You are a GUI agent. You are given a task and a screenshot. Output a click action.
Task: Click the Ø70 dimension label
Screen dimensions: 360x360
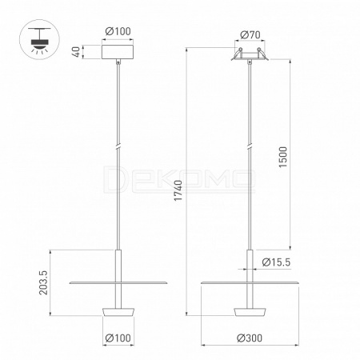(250, 34)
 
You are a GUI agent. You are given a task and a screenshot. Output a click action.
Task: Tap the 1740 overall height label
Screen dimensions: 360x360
(178, 190)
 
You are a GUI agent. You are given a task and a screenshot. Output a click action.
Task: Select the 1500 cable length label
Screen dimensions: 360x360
(282, 157)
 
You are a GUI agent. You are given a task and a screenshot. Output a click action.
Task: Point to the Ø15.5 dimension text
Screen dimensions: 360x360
(276, 262)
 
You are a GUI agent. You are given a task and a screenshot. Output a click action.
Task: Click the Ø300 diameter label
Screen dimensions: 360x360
(250, 338)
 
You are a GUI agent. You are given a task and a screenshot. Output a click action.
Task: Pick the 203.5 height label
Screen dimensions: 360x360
(43, 282)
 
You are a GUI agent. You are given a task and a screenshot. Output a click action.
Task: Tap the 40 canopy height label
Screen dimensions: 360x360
(76, 52)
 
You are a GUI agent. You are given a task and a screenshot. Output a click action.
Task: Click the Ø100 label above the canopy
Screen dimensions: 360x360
(118, 31)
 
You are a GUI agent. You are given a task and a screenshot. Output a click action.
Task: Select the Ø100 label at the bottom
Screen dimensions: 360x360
(118, 338)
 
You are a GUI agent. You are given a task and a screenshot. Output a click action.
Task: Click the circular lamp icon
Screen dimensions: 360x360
(39, 39)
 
